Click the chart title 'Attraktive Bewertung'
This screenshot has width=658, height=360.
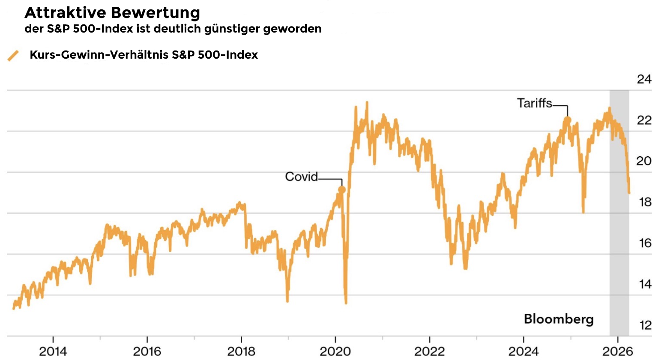(112, 13)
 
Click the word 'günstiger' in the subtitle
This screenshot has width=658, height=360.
(232, 29)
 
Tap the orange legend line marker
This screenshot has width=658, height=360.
(13, 55)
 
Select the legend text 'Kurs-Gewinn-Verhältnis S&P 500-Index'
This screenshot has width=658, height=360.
(144, 55)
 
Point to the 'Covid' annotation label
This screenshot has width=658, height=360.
(301, 176)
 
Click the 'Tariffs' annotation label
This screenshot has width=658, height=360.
(534, 103)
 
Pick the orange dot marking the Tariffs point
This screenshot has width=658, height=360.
(567, 120)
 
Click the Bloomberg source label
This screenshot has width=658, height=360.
(559, 319)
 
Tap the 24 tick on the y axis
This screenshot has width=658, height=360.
(644, 79)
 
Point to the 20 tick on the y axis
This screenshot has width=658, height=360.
(644, 161)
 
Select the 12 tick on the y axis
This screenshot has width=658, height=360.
(645, 325)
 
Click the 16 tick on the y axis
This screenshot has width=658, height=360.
(645, 243)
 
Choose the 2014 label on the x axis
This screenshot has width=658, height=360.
(53, 351)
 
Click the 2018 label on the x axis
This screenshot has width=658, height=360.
(241, 351)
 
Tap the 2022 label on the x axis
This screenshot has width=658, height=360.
(429, 351)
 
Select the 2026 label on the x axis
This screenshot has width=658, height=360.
(617, 351)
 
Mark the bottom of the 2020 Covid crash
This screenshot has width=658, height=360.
(346, 303)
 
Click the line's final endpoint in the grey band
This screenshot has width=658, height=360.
(629, 193)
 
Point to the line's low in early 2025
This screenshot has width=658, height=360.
(583, 211)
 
